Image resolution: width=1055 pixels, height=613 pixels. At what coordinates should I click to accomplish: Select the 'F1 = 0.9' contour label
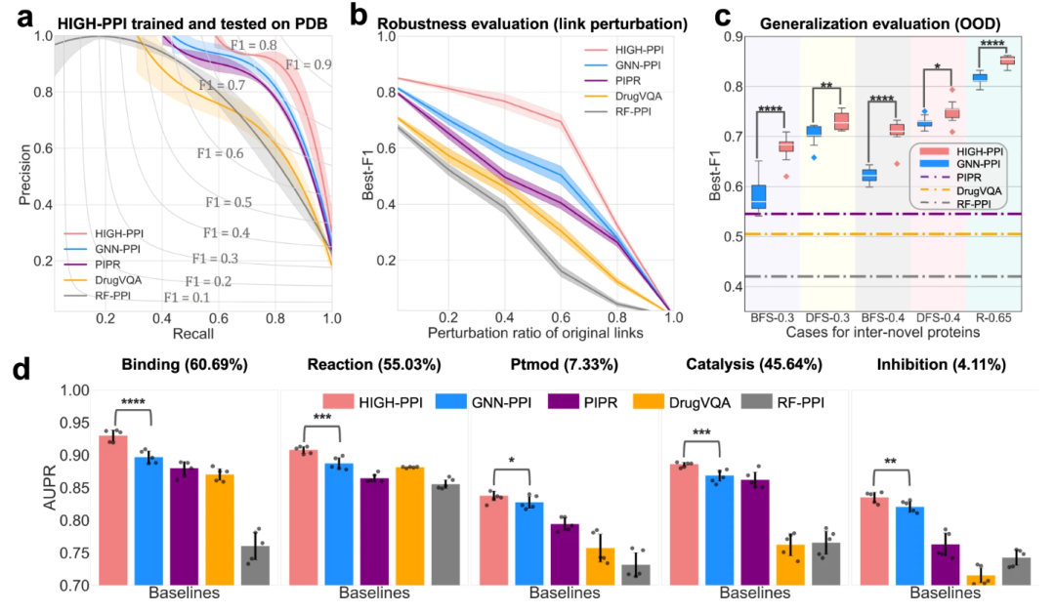pyautogui.click(x=307, y=64)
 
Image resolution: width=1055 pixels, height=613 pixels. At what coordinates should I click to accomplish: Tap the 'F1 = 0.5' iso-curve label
pyautogui.click(x=229, y=202)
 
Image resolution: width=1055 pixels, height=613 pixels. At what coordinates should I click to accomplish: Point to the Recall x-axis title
pyautogui.click(x=194, y=336)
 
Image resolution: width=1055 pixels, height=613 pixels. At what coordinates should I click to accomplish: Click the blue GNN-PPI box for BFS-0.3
pyautogui.click(x=758, y=196)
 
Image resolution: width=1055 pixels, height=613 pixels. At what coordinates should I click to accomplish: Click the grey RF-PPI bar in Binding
pyautogui.click(x=255, y=565)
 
